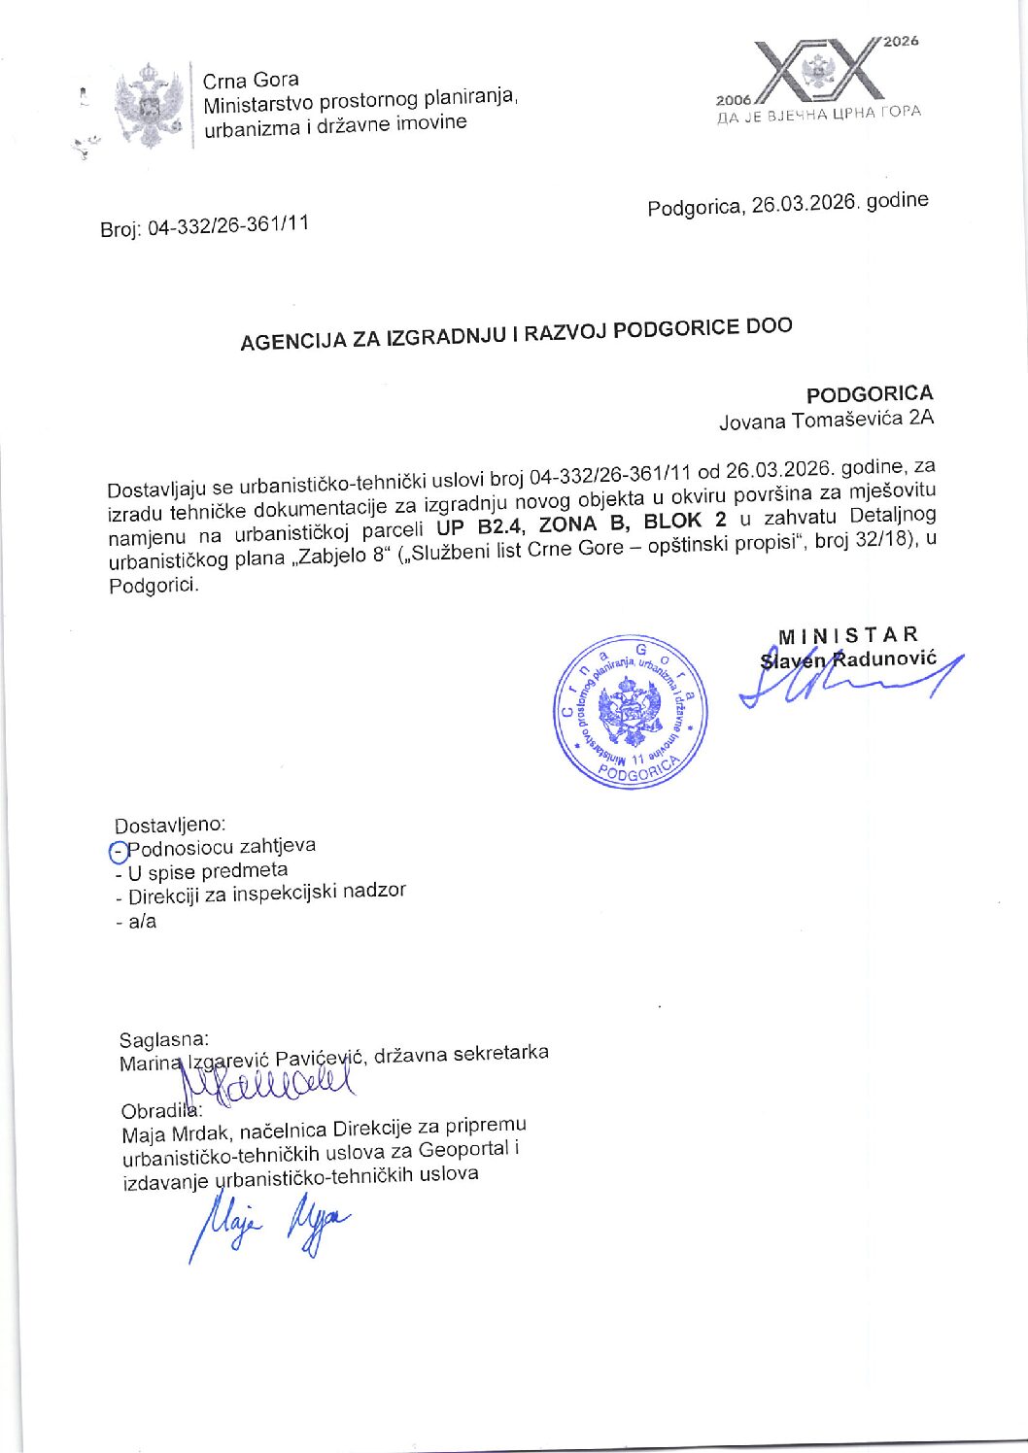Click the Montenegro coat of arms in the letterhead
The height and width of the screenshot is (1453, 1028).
click(149, 105)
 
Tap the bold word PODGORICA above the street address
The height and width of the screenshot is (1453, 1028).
click(869, 394)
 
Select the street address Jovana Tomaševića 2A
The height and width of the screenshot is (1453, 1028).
click(826, 421)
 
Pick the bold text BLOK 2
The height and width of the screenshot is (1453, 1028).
click(684, 521)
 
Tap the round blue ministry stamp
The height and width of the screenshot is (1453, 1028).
click(631, 711)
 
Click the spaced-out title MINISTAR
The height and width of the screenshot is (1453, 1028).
click(847, 636)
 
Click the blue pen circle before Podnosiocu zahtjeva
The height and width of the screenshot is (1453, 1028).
click(119, 853)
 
